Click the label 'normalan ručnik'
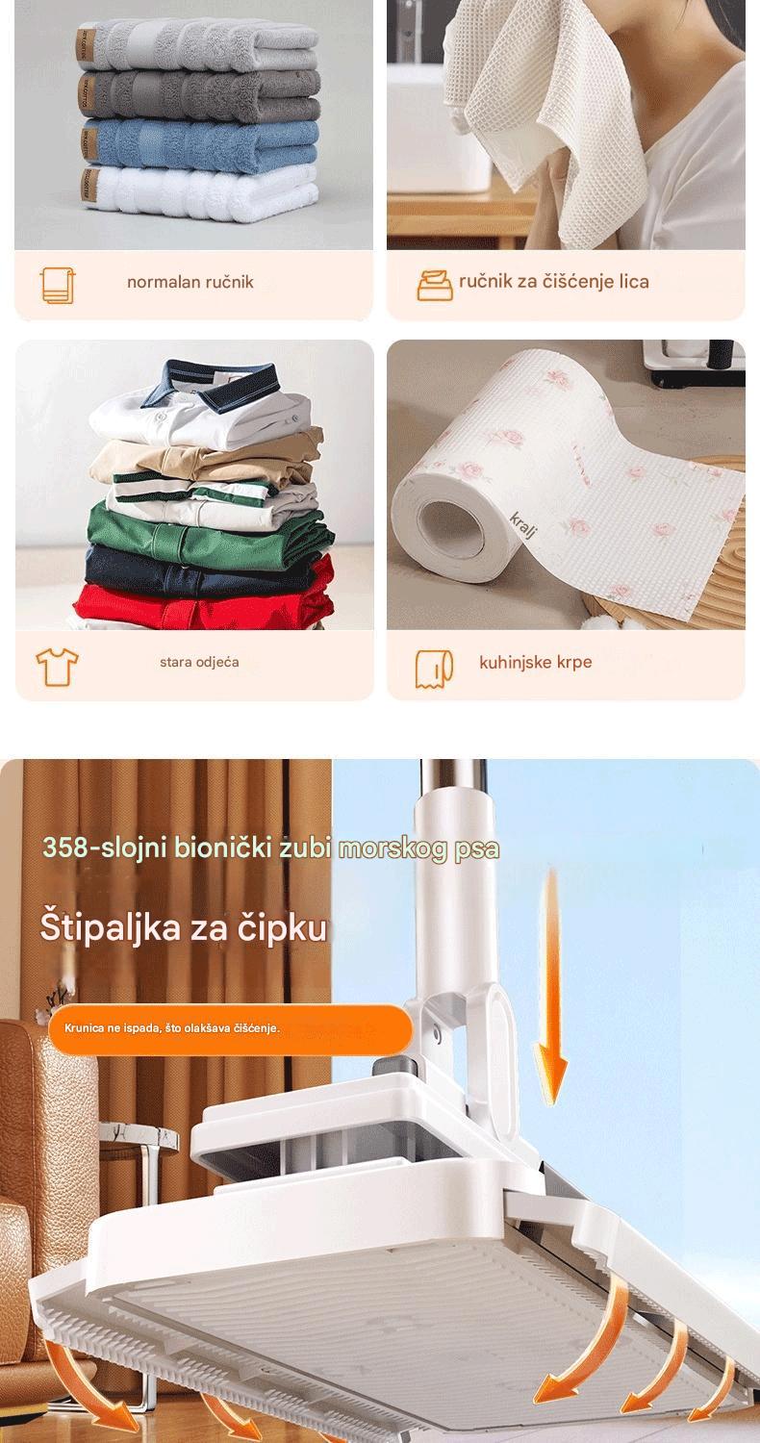(190, 282)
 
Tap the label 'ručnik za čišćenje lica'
(554, 282)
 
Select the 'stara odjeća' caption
(199, 662)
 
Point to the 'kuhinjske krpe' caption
(535, 662)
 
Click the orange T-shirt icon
(57, 667)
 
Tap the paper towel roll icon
(434, 668)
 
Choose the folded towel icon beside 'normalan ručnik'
(58, 285)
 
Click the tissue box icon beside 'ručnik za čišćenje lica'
(436, 286)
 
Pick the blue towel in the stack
(200, 144)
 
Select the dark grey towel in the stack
(200, 95)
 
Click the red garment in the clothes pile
(206, 602)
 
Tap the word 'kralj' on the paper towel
(523, 524)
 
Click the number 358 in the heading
(64, 848)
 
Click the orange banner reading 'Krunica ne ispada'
(230, 1028)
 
